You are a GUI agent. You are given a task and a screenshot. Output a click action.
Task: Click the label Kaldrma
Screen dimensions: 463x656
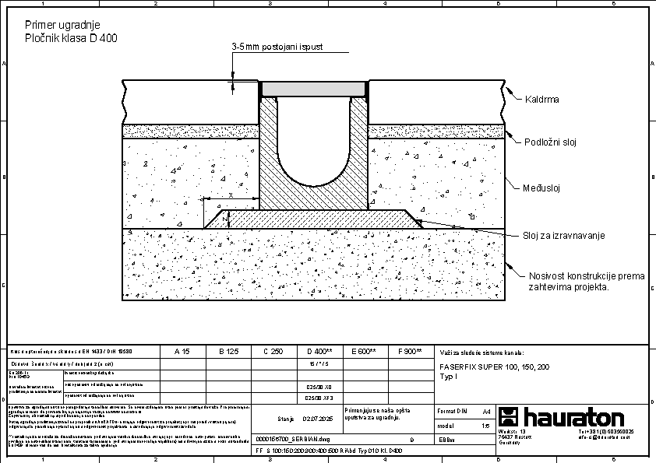[x=542, y=100]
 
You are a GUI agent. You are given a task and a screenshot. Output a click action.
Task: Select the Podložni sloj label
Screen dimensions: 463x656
[x=551, y=142]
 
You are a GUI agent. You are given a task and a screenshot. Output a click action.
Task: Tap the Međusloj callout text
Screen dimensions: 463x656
[x=542, y=188]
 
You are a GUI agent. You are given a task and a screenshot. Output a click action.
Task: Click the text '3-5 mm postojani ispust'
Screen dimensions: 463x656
[x=277, y=47]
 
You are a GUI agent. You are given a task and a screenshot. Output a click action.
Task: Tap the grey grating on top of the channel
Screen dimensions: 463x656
[x=314, y=89]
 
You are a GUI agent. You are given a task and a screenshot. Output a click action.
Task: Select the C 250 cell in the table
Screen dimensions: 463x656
[x=273, y=352]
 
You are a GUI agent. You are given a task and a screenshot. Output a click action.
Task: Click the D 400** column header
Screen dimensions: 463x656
[x=319, y=352]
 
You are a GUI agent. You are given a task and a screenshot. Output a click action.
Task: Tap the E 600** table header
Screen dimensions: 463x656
[x=364, y=352]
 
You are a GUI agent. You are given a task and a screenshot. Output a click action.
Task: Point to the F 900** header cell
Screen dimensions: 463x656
[x=409, y=352]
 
